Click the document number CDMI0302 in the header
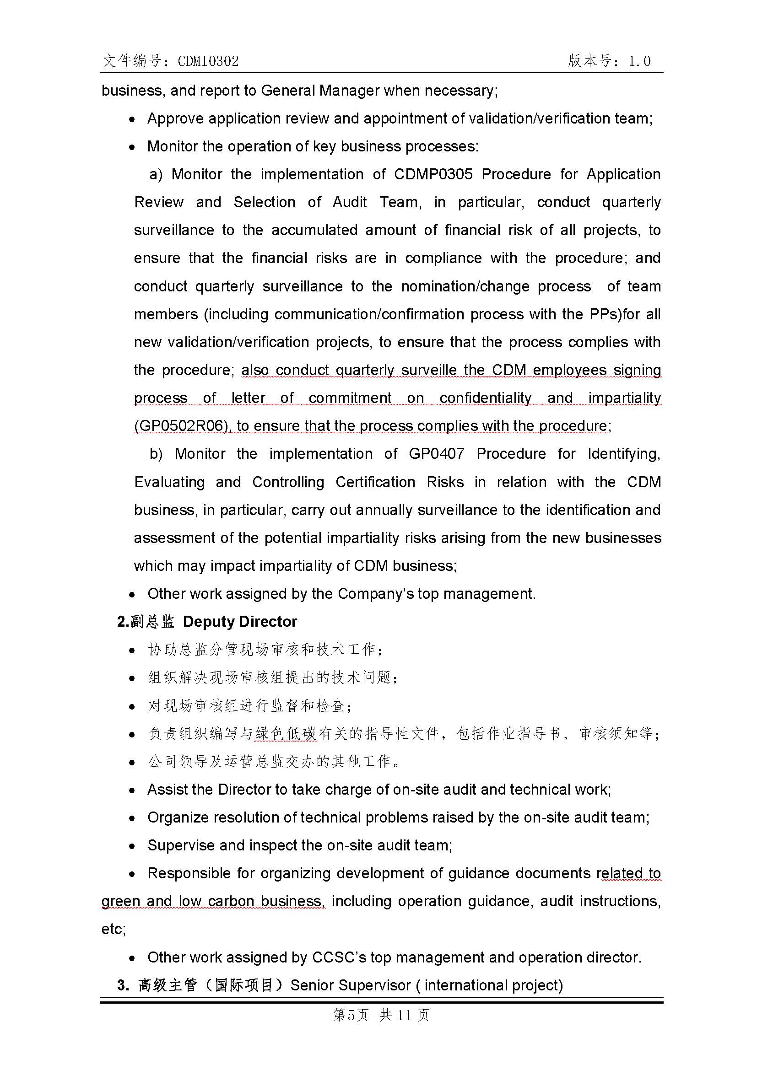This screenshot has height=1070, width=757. pyautogui.click(x=208, y=61)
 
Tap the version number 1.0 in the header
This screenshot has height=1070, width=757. pyautogui.click(x=639, y=61)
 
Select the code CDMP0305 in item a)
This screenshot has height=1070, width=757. pyautogui.click(x=433, y=174)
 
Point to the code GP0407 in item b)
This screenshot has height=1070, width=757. pyautogui.click(x=436, y=454)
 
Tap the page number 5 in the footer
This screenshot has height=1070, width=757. pyautogui.click(x=351, y=1015)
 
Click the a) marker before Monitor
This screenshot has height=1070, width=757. pyautogui.click(x=156, y=174)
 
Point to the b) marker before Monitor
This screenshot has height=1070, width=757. pyautogui.click(x=156, y=454)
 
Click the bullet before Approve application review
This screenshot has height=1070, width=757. pyautogui.click(x=132, y=120)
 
